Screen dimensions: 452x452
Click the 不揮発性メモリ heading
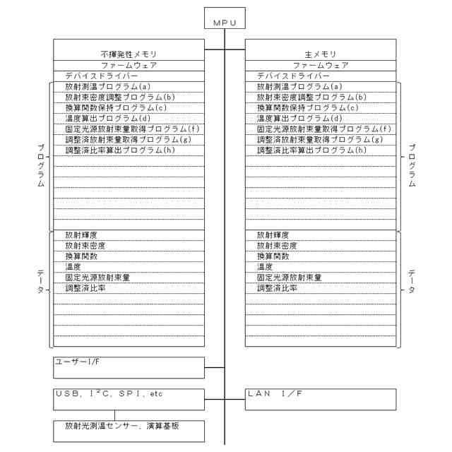tap(129, 54)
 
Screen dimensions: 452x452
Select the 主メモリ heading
tap(321, 54)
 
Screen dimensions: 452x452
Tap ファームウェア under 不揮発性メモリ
tap(129, 65)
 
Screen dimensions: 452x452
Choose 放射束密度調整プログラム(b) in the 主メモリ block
tap(311, 97)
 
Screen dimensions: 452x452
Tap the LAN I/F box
tap(321, 399)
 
